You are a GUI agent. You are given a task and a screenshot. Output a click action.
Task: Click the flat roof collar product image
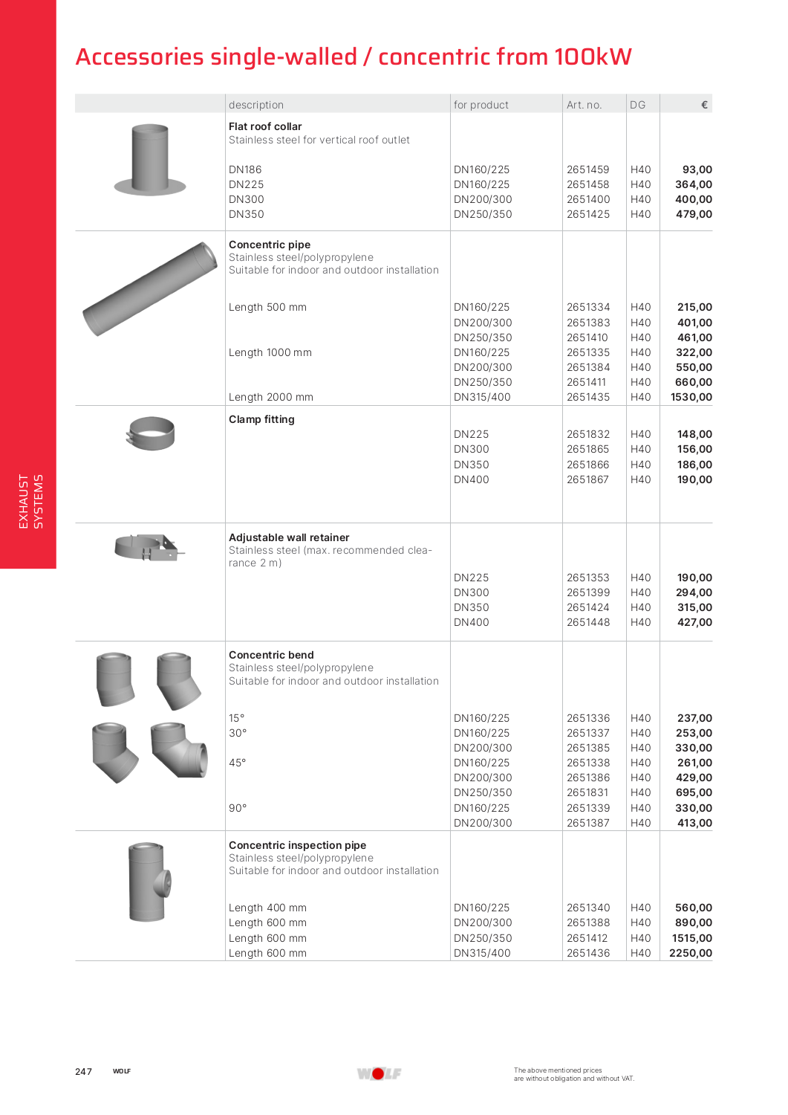click(150, 160)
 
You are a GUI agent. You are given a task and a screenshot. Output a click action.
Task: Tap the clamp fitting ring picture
click(151, 433)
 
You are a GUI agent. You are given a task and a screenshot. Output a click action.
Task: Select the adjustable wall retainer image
click(149, 548)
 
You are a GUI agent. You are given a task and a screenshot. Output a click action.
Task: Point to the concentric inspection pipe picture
click(150, 882)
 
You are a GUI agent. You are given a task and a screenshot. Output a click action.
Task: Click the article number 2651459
click(587, 169)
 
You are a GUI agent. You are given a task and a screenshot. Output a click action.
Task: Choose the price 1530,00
click(691, 397)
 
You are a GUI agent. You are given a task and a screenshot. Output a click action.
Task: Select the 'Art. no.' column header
click(584, 105)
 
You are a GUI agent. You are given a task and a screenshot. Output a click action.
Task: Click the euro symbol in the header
click(704, 105)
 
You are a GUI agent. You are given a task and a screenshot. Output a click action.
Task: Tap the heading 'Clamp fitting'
click(261, 419)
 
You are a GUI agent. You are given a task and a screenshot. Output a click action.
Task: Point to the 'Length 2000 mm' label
click(270, 397)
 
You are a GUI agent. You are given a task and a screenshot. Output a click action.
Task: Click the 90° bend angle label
click(238, 808)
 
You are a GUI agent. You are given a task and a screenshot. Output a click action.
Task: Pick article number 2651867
click(587, 479)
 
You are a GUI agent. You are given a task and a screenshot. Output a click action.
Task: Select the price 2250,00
click(690, 953)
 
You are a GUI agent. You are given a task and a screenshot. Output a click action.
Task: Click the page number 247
click(83, 1071)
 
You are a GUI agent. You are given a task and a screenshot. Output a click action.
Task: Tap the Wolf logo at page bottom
click(378, 1073)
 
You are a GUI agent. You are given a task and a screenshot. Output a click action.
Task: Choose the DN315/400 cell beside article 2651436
click(482, 953)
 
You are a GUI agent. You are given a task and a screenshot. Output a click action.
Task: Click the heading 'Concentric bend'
click(271, 655)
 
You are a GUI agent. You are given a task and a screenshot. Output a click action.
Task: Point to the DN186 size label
click(245, 169)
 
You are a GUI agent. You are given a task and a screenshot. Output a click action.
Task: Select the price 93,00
click(697, 169)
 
